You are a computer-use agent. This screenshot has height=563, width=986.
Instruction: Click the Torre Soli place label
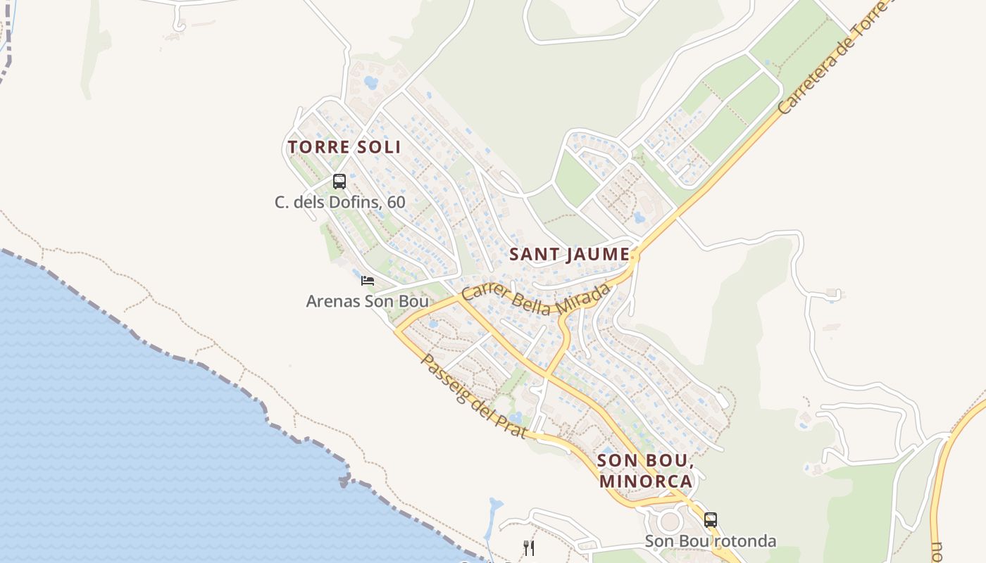pyautogui.click(x=344, y=147)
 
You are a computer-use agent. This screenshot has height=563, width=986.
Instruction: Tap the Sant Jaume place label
pyautogui.click(x=569, y=254)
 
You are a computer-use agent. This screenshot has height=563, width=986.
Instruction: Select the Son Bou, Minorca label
pyautogui.click(x=646, y=471)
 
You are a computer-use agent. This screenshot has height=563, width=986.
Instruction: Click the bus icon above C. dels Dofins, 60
pyautogui.click(x=339, y=182)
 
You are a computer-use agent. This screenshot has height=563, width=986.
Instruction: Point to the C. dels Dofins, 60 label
pyautogui.click(x=339, y=203)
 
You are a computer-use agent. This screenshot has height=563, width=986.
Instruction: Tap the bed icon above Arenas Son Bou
pyautogui.click(x=367, y=281)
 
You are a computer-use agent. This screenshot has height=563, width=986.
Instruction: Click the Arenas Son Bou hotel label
pyautogui.click(x=367, y=301)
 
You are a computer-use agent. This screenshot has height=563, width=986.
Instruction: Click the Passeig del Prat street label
pyautogui.click(x=473, y=396)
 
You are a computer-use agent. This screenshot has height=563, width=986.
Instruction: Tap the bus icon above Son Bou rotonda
pyautogui.click(x=711, y=520)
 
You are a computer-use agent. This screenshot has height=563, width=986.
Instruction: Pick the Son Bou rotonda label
pyautogui.click(x=711, y=541)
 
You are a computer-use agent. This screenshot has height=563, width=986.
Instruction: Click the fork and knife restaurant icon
pyautogui.click(x=529, y=548)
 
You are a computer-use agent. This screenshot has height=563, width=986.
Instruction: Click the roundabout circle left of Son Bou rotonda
pyautogui.click(x=669, y=521)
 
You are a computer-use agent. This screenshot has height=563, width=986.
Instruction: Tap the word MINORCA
pyautogui.click(x=646, y=481)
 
